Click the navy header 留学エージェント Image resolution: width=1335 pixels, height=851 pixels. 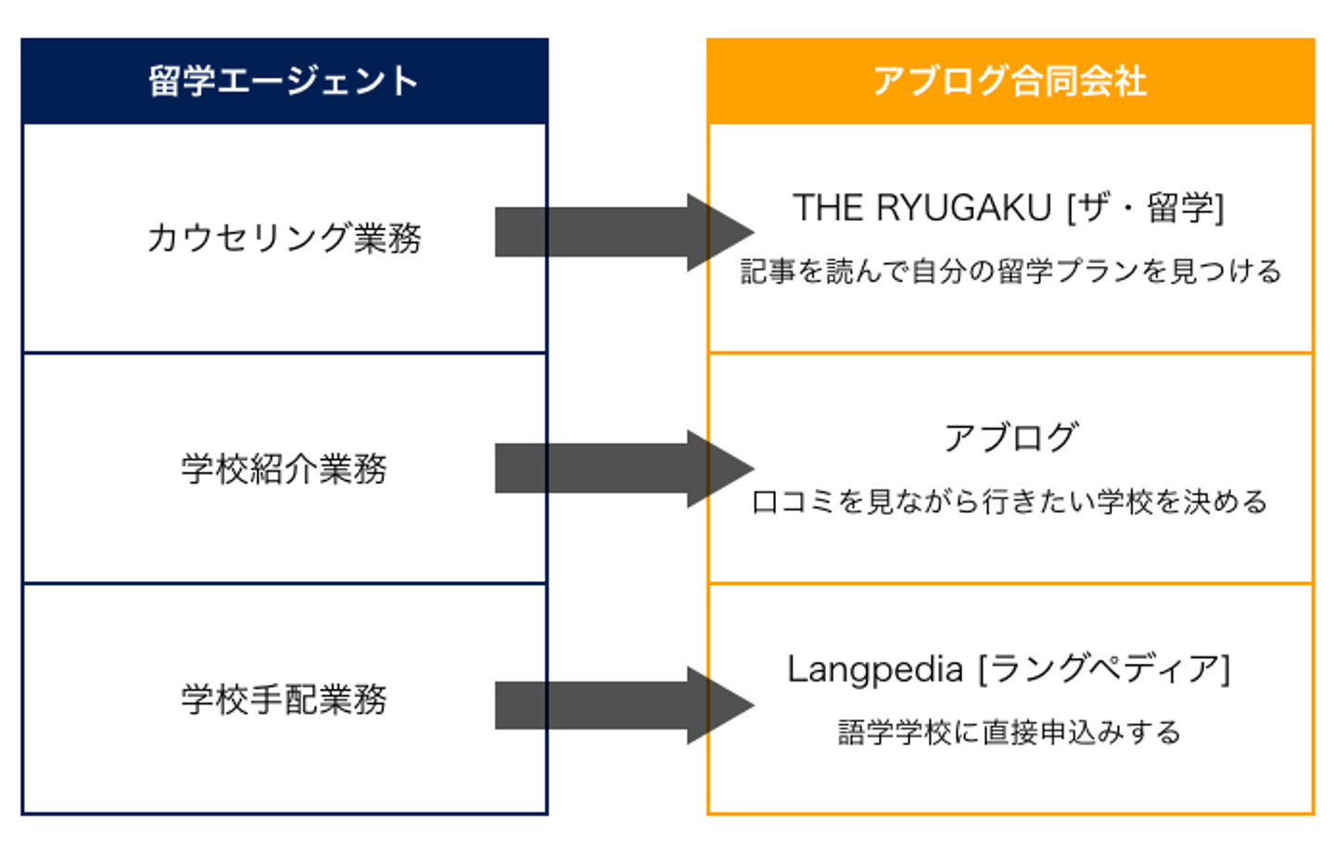tap(284, 82)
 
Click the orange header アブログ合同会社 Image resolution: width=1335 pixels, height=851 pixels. tap(1010, 82)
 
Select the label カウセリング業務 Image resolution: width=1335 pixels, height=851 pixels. tap(284, 238)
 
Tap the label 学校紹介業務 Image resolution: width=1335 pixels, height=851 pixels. tap(284, 469)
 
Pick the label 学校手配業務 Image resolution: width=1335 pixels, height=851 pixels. tap(284, 699)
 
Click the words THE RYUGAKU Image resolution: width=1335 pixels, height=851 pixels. tap(922, 208)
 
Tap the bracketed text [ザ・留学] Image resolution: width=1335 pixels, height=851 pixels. tap(1146, 208)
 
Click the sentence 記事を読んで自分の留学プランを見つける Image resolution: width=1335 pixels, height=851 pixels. tap(1010, 271)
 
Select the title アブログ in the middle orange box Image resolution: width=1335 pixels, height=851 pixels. tap(1011, 438)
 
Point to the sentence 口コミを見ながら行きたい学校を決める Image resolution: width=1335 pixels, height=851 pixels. tap(1010, 502)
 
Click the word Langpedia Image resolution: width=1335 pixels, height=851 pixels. tap(875, 669)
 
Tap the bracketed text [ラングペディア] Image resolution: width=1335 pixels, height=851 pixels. tap(1103, 669)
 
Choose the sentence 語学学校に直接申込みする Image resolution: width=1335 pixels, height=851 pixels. tap(1010, 732)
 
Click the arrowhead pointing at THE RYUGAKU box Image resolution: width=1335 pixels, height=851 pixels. tap(719, 232)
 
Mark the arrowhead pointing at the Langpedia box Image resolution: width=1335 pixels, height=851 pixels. tap(719, 705)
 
